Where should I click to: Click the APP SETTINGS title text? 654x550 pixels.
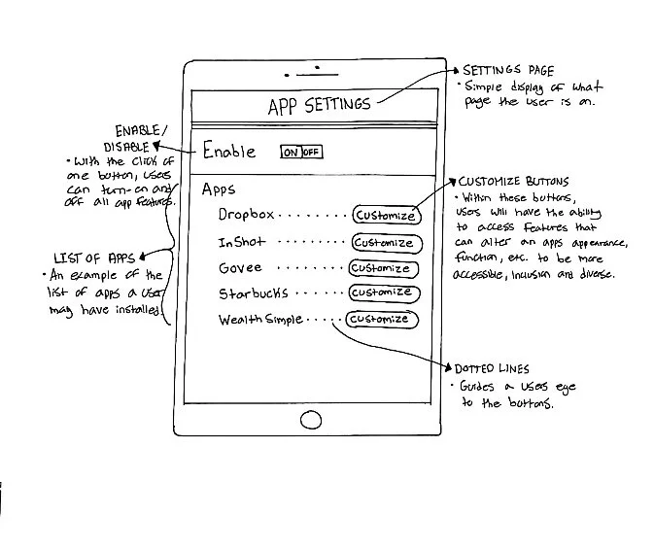(319, 106)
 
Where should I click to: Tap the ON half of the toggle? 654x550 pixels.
(291, 153)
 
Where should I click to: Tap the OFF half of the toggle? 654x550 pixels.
(311, 153)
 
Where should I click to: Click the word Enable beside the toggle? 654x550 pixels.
(229, 152)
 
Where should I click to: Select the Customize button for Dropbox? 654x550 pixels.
(385, 216)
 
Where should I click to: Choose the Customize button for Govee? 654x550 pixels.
(382, 268)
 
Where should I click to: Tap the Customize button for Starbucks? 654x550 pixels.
(382, 292)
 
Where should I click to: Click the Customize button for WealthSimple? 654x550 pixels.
(382, 319)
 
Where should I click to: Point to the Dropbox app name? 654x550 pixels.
(246, 215)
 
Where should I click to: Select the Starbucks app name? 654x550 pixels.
(253, 292)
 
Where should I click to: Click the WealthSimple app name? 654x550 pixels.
(260, 319)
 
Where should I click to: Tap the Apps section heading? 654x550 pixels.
(219, 189)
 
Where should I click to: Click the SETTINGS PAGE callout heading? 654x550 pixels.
(507, 71)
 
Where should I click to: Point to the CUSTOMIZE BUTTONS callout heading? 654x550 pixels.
(513, 182)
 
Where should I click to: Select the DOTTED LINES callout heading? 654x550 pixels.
(492, 369)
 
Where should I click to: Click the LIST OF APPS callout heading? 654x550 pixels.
(93, 258)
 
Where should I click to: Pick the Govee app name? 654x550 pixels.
(240, 267)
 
